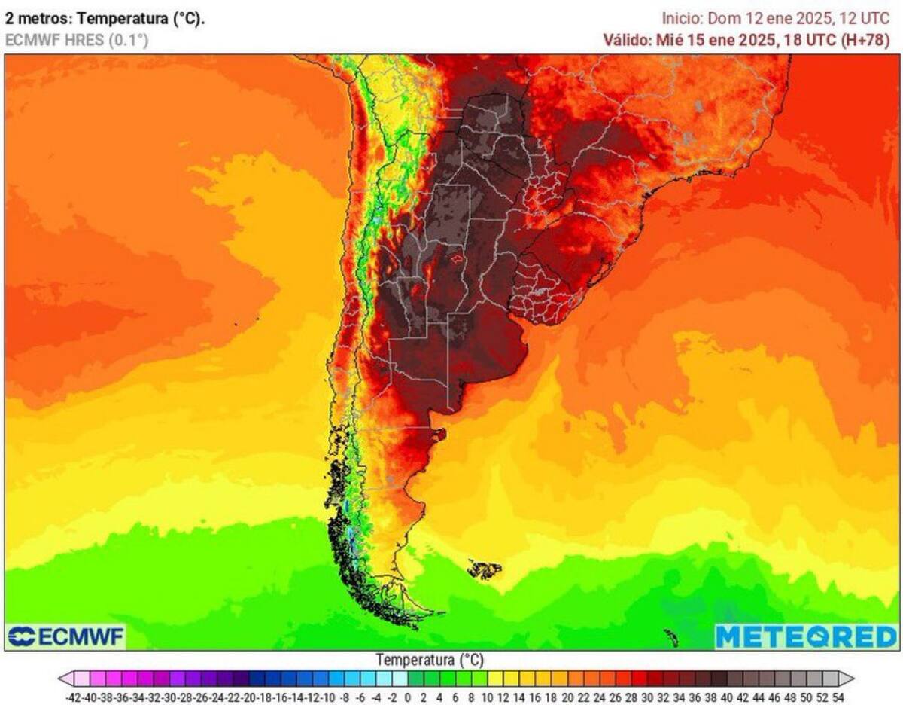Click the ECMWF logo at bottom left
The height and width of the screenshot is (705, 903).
tap(66, 637)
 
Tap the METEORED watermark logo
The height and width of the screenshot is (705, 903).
tap(806, 637)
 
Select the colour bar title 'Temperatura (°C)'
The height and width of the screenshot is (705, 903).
tap(430, 660)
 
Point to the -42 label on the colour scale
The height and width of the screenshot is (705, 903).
tap(73, 697)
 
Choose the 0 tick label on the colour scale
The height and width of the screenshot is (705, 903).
tap(407, 697)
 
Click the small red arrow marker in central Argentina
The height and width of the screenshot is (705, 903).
tap(457, 258)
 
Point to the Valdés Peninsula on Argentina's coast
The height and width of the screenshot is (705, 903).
tap(438, 435)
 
